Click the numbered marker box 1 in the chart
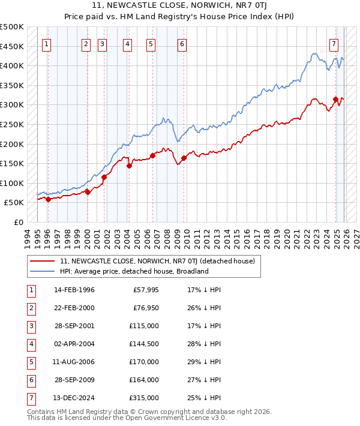point(47,43)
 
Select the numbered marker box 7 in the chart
point(334,43)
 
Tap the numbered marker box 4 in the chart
point(128,43)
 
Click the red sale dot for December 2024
point(335,99)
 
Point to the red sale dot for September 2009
point(184,158)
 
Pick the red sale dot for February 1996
point(48,199)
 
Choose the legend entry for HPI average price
point(134,271)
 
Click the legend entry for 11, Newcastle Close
point(158,261)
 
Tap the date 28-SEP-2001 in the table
point(74,326)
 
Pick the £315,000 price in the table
point(144,398)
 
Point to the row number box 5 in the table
point(31,362)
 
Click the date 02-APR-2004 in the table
point(74,344)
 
